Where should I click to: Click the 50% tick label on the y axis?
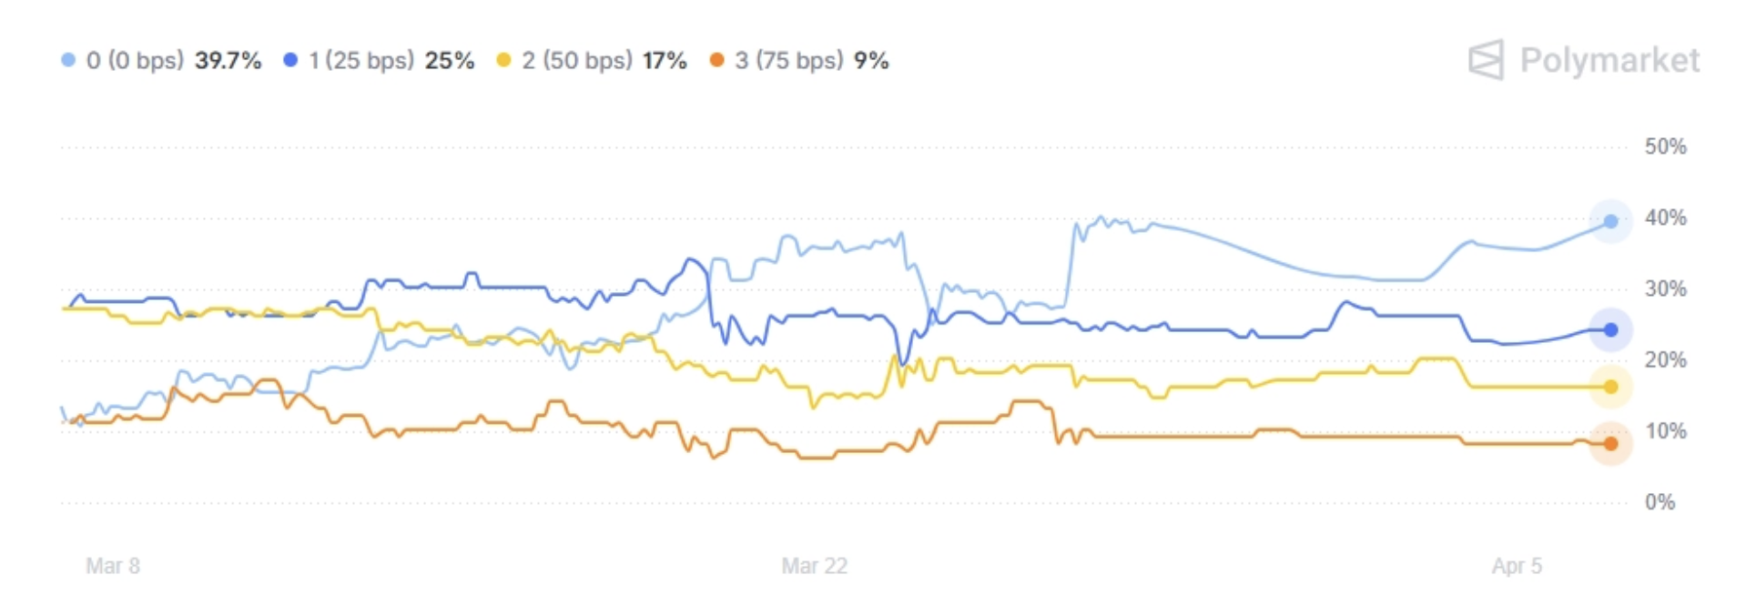click(x=1665, y=146)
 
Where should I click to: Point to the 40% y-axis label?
click(x=1665, y=217)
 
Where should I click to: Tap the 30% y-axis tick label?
click(x=1665, y=288)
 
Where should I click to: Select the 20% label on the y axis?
click(x=1665, y=359)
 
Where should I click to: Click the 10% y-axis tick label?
click(x=1665, y=430)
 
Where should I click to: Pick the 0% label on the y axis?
click(x=1660, y=501)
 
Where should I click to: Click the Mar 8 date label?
click(x=113, y=566)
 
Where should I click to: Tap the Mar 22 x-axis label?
click(x=814, y=566)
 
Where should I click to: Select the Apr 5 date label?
click(x=1517, y=566)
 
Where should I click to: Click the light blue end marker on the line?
click(x=1610, y=221)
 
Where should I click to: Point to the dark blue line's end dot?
click(x=1610, y=329)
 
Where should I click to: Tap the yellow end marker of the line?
click(x=1610, y=387)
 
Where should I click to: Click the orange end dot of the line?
click(x=1610, y=444)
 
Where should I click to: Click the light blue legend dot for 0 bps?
click(x=68, y=60)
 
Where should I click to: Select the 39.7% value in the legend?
click(x=228, y=61)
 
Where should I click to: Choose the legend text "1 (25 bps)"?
click(x=360, y=61)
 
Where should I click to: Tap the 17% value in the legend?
click(x=665, y=61)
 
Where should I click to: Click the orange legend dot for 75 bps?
click(x=717, y=60)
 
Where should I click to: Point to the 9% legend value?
click(x=871, y=61)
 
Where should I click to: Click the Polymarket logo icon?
click(x=1486, y=60)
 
